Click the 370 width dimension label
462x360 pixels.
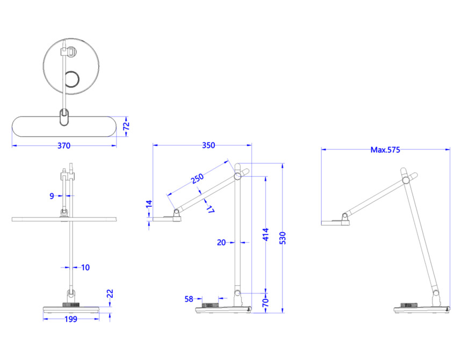pos(64,146)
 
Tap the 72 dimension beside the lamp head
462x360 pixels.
pos(126,126)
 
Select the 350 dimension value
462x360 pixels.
pos(208,145)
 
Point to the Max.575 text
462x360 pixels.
pos(385,150)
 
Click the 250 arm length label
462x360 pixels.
pos(197,178)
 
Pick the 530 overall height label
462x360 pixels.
pos(283,238)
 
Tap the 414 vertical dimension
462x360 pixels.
pos(266,234)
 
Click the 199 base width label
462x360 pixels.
pos(71,319)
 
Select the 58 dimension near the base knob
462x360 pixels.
pos(189,299)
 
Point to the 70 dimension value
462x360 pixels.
pos(265,303)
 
